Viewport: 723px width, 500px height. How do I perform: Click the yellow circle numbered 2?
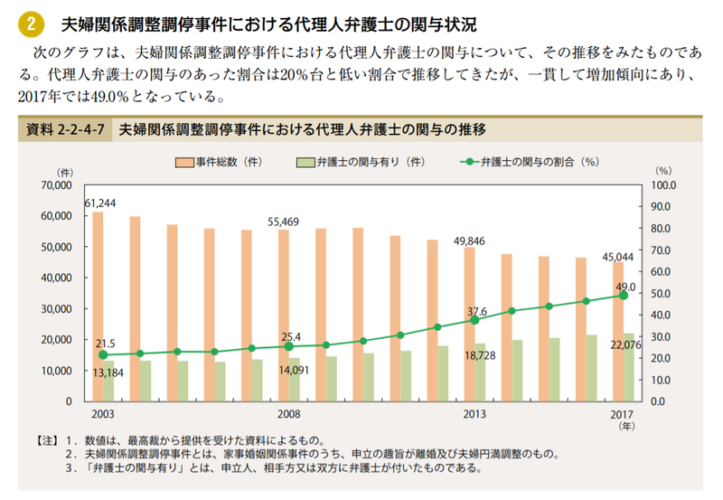tap(31, 24)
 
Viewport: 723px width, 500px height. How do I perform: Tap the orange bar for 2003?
tap(98, 307)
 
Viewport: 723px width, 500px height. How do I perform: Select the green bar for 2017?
tap(629, 367)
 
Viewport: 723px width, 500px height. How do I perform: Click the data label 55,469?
tap(283, 222)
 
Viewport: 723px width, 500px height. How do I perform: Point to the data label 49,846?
tap(469, 241)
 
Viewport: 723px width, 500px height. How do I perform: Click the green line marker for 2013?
tap(474, 320)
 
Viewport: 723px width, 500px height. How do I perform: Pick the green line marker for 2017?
tap(624, 295)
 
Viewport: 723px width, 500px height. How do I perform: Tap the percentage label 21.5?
tap(105, 344)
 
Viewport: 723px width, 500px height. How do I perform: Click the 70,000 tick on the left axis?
tap(56, 185)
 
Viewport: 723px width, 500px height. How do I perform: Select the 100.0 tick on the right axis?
tap(663, 185)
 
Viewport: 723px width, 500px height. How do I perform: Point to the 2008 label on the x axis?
tap(288, 414)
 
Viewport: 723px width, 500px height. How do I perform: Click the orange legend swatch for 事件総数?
tap(184, 163)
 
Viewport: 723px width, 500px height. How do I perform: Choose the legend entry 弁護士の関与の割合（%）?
tap(530, 162)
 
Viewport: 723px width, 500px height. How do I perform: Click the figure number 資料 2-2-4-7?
tap(65, 129)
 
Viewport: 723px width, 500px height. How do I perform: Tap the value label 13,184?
tap(108, 373)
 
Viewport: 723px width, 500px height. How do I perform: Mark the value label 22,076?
tap(625, 345)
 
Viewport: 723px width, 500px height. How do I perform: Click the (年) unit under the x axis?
tap(626, 426)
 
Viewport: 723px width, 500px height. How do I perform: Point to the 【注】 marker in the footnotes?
tap(47, 440)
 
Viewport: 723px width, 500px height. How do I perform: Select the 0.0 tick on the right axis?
tap(658, 401)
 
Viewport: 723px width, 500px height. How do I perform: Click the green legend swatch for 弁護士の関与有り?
tap(305, 163)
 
